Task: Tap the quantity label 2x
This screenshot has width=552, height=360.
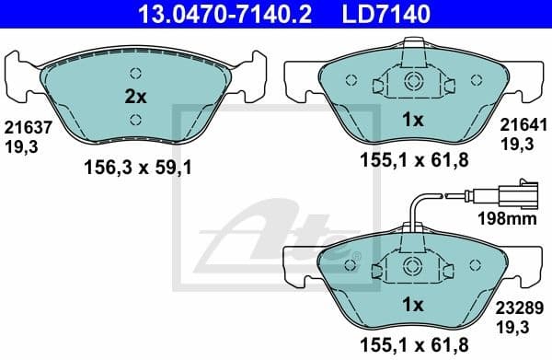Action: tap(135, 96)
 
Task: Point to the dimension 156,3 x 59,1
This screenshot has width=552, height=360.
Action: tap(136, 167)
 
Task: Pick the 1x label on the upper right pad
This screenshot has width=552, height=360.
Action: tap(413, 120)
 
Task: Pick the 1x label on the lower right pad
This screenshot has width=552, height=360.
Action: tap(413, 305)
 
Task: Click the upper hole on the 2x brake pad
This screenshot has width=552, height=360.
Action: tap(135, 75)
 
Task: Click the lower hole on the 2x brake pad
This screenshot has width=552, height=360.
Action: tap(135, 118)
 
